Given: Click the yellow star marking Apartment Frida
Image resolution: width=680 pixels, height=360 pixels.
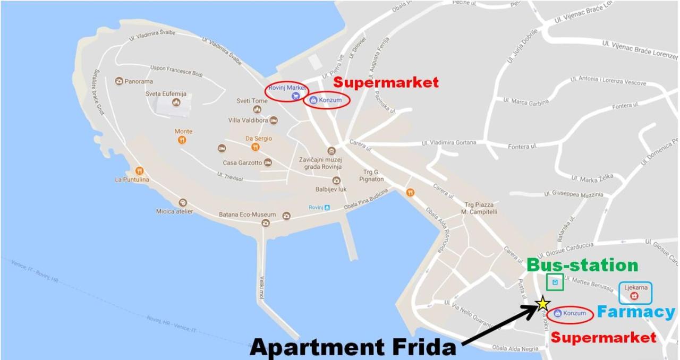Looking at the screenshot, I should pyautogui.click(x=542, y=303).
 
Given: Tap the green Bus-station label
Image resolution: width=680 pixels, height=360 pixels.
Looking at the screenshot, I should pyautogui.click(x=582, y=265).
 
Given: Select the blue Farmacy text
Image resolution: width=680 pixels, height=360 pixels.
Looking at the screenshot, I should pyautogui.click(x=636, y=312).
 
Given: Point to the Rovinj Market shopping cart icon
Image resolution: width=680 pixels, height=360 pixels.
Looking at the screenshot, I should pyautogui.click(x=296, y=96).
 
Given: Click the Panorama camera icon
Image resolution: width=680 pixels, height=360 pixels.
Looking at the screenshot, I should pyautogui.click(x=119, y=81).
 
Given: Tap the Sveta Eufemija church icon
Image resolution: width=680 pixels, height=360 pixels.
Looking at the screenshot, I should pyautogui.click(x=176, y=102).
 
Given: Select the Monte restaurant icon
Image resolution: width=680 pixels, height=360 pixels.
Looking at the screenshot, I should pyautogui.click(x=182, y=140).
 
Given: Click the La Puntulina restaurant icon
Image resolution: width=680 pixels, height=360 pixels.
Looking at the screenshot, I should pyautogui.click(x=139, y=171).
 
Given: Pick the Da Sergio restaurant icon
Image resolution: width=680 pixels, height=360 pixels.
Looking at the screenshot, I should pyautogui.click(x=256, y=147).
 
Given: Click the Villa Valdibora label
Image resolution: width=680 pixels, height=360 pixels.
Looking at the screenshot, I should pyautogui.click(x=248, y=121).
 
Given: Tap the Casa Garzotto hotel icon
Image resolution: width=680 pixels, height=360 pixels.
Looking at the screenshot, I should pyautogui.click(x=268, y=162).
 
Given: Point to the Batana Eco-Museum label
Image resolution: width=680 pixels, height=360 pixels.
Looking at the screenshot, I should pyautogui.click(x=248, y=215).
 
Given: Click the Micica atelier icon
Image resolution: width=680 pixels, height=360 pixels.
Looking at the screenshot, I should pyautogui.click(x=183, y=203).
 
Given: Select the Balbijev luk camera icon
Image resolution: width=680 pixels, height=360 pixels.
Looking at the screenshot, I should pyautogui.click(x=336, y=181).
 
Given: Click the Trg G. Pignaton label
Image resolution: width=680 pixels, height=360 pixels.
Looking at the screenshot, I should pyautogui.click(x=371, y=175).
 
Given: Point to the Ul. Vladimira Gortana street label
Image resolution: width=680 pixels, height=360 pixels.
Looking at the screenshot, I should pyautogui.click(x=449, y=143).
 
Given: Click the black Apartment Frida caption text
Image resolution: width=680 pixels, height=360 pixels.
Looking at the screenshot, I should pyautogui.click(x=353, y=347).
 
